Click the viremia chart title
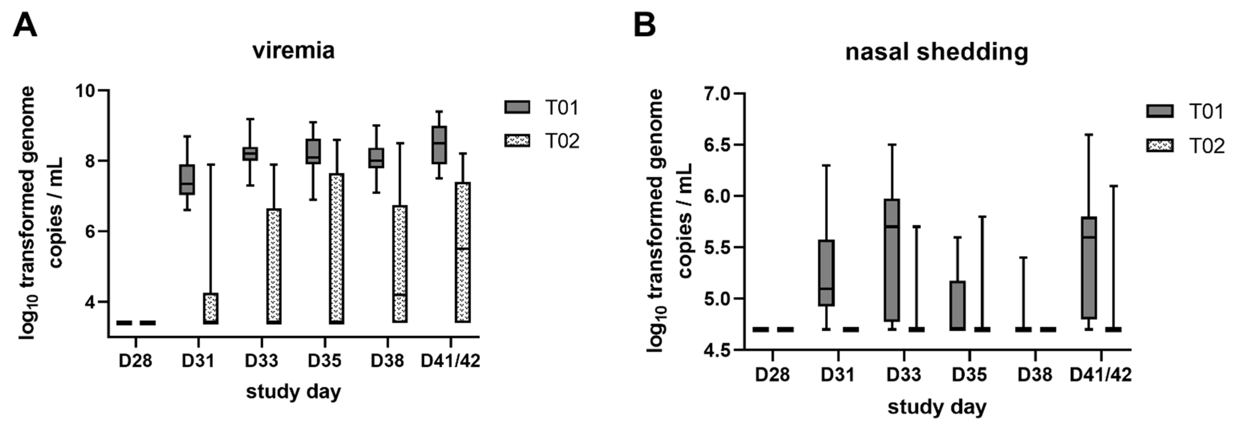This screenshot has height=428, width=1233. pyautogui.click(x=293, y=51)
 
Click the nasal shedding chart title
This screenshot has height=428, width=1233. pyautogui.click(x=937, y=52)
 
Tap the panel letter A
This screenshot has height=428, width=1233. pyautogui.click(x=25, y=25)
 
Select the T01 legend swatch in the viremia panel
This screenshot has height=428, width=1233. pyautogui.click(x=517, y=107)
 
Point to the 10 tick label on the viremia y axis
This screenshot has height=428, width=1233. pyautogui.click(x=86, y=91)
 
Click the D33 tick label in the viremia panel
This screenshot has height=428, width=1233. pyautogui.click(x=261, y=360)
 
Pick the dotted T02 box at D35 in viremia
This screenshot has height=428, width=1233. pyautogui.click(x=337, y=248)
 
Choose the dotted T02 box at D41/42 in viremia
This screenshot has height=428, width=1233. pyautogui.click(x=463, y=252)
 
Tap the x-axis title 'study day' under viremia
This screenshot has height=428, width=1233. pyautogui.click(x=293, y=392)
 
